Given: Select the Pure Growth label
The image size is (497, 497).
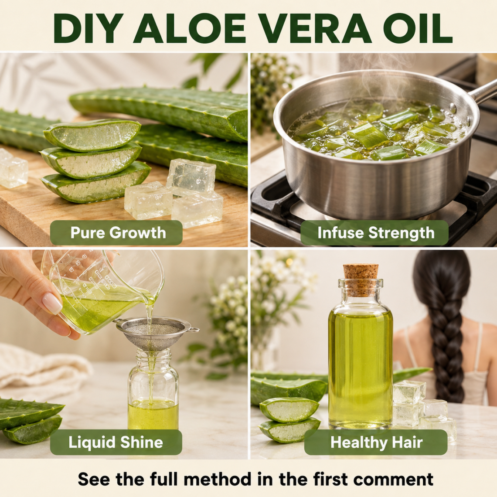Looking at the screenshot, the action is [116, 233].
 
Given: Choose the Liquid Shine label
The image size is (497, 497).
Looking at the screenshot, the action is [116, 442].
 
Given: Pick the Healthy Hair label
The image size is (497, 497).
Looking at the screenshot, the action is [376, 442].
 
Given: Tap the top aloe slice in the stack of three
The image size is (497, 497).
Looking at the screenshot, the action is [92, 135].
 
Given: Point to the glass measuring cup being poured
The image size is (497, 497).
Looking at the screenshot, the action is [102, 292].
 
